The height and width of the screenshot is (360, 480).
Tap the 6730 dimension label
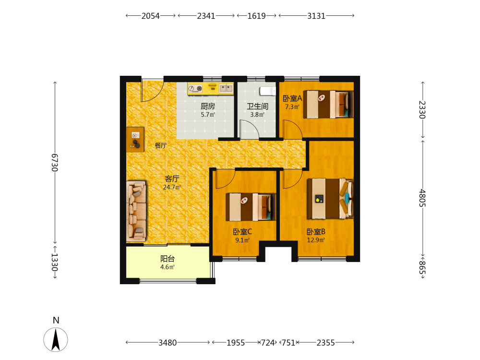(x=55, y=162)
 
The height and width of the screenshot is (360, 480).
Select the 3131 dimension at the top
(x=316, y=16)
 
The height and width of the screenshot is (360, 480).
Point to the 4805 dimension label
(x=422, y=198)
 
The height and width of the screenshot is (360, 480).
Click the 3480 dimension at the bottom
(x=168, y=343)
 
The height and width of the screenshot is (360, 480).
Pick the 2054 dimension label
(x=150, y=16)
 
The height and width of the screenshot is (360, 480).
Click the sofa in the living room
(x=136, y=211)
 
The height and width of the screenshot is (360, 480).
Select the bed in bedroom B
(x=330, y=199)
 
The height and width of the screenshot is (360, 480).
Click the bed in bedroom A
(x=328, y=104)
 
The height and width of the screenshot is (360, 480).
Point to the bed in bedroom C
(x=251, y=207)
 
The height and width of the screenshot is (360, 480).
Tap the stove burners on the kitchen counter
(x=195, y=88)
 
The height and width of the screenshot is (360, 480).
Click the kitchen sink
(x=226, y=88)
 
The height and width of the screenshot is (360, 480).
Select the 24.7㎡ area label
(x=172, y=187)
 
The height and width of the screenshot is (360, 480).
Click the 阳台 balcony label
(x=168, y=259)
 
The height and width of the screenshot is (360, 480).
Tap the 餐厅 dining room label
(x=161, y=145)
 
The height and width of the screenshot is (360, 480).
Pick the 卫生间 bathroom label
(x=257, y=106)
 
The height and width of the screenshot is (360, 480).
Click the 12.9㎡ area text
(x=316, y=240)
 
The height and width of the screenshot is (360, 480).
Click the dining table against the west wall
(x=135, y=139)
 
